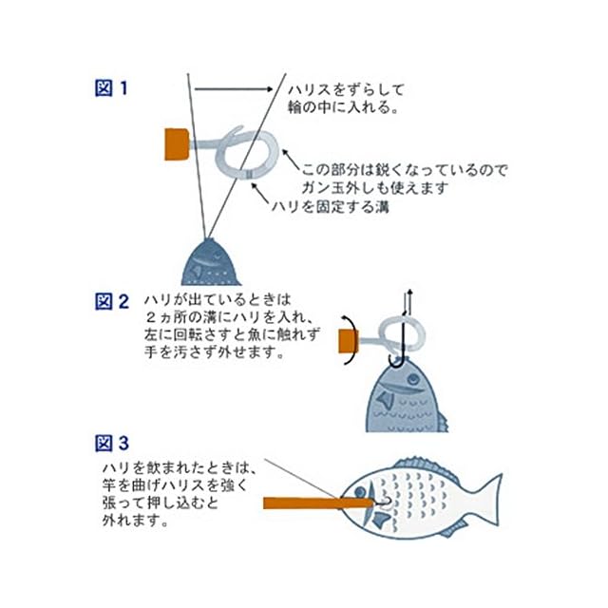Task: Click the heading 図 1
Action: click(111, 88)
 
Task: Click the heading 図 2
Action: click(111, 302)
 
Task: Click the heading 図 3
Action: click(111, 444)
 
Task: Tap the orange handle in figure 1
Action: click(175, 143)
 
